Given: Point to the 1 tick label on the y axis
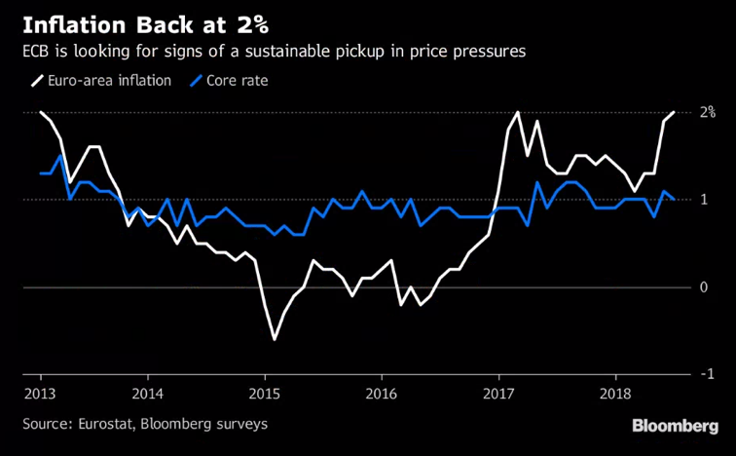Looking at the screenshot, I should click(702, 200).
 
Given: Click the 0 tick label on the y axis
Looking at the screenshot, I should click(702, 287).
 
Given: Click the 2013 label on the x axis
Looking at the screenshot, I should click(41, 395).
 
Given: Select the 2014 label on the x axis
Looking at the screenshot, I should click(148, 395).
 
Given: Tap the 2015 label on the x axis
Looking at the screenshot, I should click(264, 395).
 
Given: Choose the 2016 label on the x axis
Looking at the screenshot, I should click(381, 395).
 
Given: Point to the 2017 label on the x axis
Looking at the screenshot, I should click(497, 395).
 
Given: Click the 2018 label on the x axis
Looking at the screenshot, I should click(614, 395).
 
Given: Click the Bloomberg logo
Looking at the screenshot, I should click(677, 426).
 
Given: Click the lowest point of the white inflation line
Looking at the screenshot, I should click(274, 339).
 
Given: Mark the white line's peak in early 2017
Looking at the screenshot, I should click(517, 112).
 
